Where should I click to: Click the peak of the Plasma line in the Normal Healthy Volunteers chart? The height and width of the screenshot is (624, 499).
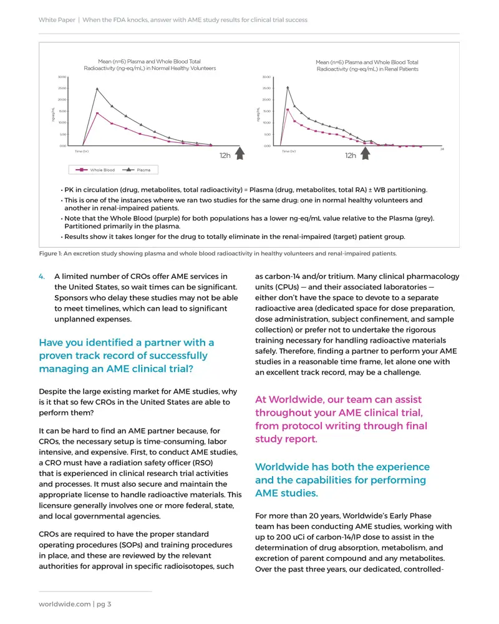tap(97, 89)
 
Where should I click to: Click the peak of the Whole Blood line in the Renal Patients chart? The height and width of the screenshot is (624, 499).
tap(288, 109)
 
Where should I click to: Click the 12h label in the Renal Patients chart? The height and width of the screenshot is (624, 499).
tap(351, 155)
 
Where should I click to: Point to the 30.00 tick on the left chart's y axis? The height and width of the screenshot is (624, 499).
tap(62, 77)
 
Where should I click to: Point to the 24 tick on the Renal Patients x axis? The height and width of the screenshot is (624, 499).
tap(442, 149)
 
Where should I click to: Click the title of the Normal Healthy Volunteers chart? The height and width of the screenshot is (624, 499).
tap(150, 65)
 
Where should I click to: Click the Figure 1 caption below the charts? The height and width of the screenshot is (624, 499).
tap(217, 253)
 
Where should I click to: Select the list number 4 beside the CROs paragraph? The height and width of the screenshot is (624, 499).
tap(42, 276)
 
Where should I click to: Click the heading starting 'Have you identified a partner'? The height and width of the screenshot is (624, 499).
tap(126, 356)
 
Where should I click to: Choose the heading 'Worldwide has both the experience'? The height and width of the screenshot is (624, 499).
tap(342, 480)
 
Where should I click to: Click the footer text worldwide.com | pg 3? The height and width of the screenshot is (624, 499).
tap(75, 604)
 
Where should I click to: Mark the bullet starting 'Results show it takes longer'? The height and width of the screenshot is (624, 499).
tap(235, 236)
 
